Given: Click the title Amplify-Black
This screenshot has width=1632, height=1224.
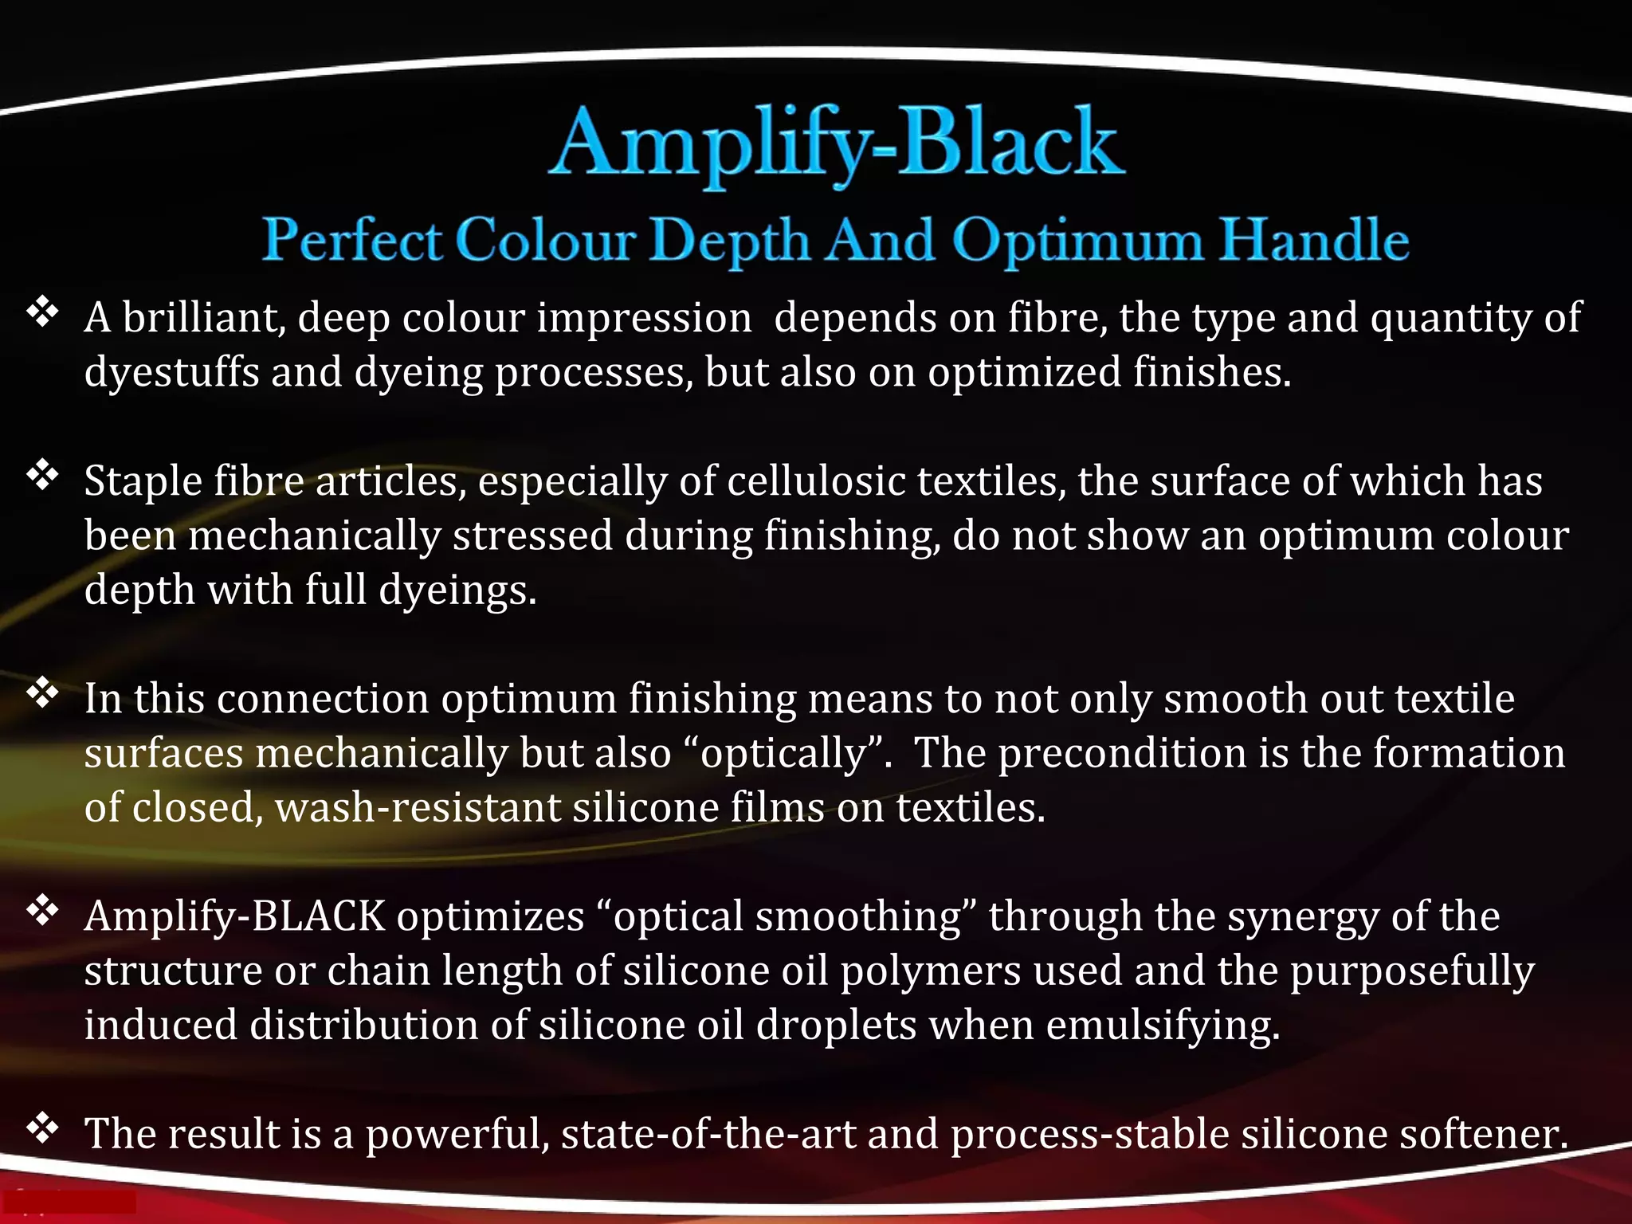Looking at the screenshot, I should (837, 143).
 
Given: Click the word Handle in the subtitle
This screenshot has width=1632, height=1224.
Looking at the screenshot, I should (1315, 239).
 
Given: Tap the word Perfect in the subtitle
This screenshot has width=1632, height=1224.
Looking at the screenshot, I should (352, 239).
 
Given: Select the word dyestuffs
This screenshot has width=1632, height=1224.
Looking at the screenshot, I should (171, 373).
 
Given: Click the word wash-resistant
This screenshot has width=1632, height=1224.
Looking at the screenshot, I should (418, 808).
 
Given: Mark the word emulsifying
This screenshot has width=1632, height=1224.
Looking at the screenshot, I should (1163, 1026).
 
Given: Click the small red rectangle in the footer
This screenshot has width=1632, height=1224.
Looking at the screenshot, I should (69, 1202).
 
